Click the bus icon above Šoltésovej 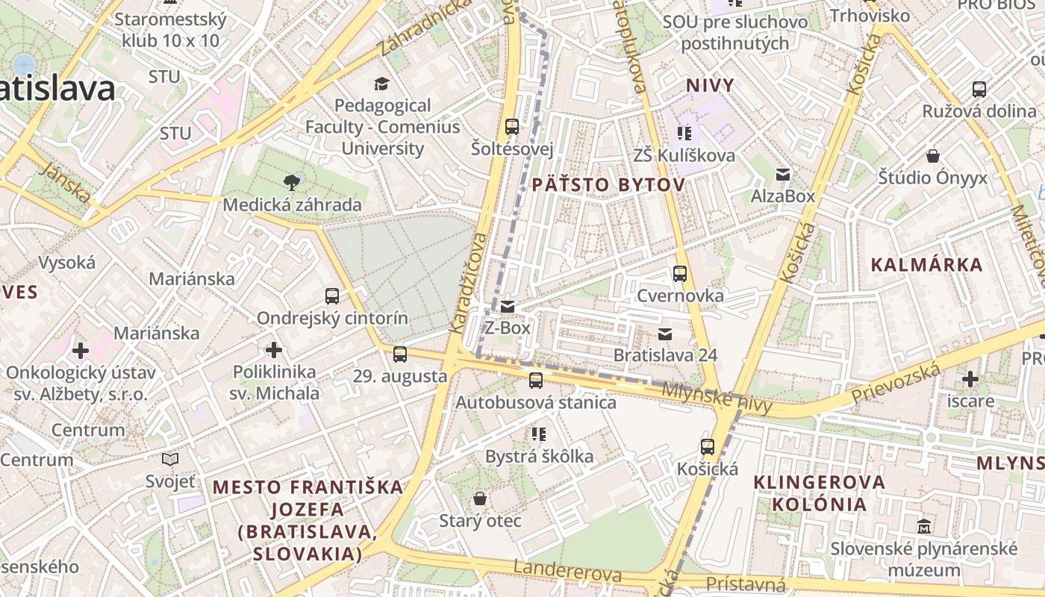coord(511,127)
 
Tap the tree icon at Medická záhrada coord(291,181)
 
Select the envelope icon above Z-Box coord(508,306)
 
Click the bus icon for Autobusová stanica coord(536,381)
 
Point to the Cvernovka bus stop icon coord(679,274)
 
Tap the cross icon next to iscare coord(970,379)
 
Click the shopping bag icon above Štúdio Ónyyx coord(932,156)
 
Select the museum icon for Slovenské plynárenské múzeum coord(924,526)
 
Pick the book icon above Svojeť coord(170,459)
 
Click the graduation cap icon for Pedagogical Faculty coord(382,84)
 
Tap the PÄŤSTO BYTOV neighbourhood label coord(608,185)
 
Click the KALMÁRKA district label coord(926,265)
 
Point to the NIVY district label coord(710,85)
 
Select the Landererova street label coord(567,571)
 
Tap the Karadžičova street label coord(469,284)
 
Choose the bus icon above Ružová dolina coord(979,90)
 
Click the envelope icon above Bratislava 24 coord(664,334)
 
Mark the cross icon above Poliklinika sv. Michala coord(274,349)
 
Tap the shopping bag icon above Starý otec coord(480,498)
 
